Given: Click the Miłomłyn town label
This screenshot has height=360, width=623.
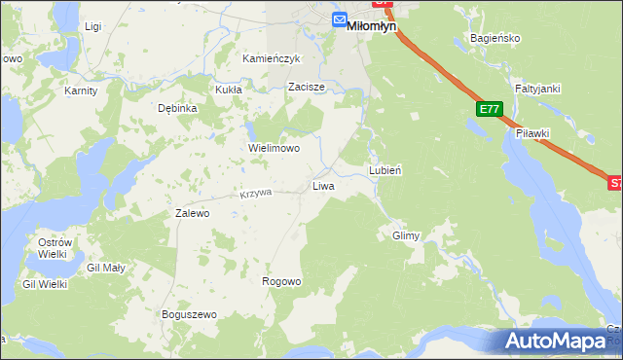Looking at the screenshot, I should click(372, 28).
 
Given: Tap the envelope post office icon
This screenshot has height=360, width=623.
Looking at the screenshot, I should click(339, 20).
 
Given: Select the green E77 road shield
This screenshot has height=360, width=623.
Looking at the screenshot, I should click(489, 111).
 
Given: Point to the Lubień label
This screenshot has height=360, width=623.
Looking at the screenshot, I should click(385, 169).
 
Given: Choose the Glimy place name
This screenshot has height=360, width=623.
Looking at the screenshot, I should click(405, 236).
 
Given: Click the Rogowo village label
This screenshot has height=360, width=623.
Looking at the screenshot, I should click(281, 281).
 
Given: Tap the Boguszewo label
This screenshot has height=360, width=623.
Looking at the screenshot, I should click(189, 315).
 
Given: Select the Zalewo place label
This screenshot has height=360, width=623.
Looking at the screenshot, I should click(192, 213).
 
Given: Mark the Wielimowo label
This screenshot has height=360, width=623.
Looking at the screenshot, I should click(274, 149).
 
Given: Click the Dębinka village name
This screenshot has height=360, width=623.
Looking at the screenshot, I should click(178, 108).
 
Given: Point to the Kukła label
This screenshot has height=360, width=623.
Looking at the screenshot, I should click(228, 89).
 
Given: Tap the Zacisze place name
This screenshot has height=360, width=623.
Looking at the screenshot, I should click(306, 87).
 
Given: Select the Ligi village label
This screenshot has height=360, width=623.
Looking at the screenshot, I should click(93, 26).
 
